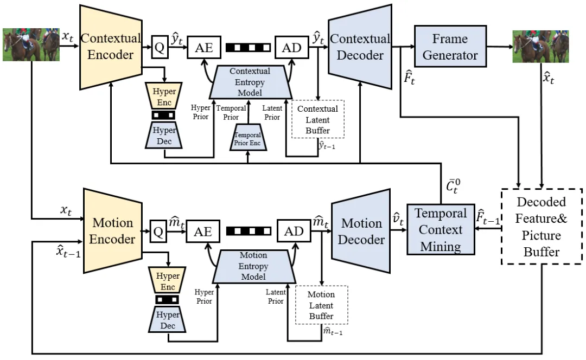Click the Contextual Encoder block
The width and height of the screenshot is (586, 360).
tap(111, 47)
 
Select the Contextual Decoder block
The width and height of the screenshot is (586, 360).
tap(360, 47)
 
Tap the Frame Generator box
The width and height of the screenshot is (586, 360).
tap(450, 47)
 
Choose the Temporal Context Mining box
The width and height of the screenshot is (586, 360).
tap(441, 230)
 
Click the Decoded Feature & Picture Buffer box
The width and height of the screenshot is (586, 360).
tap(541, 226)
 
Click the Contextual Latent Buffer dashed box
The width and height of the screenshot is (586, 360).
tap(318, 120)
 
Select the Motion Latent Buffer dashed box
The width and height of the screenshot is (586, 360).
tap(321, 305)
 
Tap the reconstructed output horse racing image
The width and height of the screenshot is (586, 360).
tap(540, 47)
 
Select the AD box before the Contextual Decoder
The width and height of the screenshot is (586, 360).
tap(292, 48)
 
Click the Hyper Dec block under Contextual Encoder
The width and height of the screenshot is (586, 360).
tap(163, 134)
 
